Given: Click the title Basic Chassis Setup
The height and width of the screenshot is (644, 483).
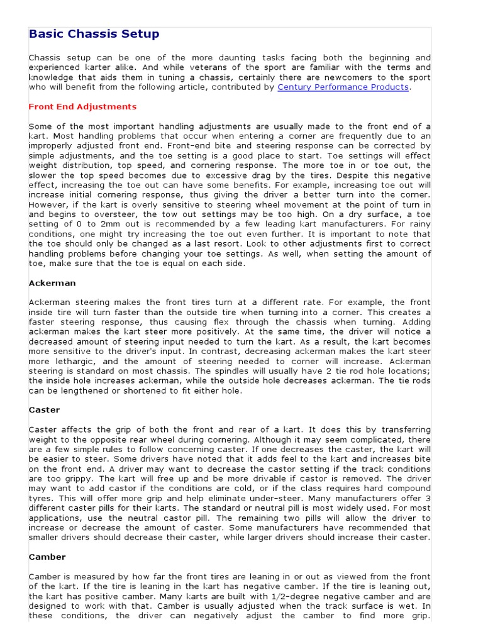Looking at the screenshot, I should pyautogui.click(x=94, y=34).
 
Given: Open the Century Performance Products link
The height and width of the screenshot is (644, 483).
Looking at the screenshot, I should pyautogui.click(x=343, y=87).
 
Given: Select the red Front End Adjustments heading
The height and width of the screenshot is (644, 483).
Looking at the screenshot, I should pyautogui.click(x=82, y=107).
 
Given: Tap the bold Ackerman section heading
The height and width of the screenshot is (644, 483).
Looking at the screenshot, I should pyautogui.click(x=52, y=284).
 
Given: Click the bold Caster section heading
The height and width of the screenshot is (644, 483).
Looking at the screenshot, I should pyautogui.click(x=45, y=410).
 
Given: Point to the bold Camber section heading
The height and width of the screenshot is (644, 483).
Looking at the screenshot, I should pyautogui.click(x=47, y=557).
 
